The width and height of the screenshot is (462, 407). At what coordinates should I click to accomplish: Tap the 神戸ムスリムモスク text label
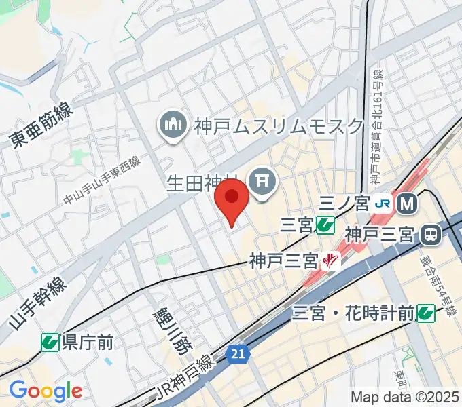click(x=279, y=125)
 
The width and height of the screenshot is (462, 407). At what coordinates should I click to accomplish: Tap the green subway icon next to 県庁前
click(x=50, y=342)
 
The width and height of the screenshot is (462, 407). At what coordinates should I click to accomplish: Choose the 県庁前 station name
click(x=88, y=342)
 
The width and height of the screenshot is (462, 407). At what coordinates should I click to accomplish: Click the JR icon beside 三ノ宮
click(x=384, y=203)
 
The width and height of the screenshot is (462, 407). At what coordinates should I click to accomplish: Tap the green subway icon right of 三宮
click(x=325, y=224)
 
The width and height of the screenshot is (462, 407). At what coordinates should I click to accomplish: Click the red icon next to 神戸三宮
click(x=332, y=259)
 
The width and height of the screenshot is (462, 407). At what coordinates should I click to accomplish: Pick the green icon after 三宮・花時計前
click(x=426, y=313)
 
